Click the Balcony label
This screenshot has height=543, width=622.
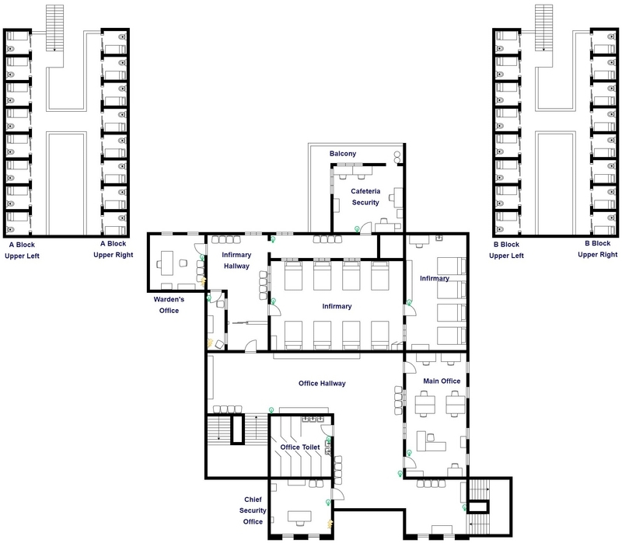pyautogui.click(x=342, y=154)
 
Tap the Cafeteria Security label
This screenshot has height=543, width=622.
pyautogui.click(x=365, y=197)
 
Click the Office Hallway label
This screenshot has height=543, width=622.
pyautogui.click(x=322, y=383)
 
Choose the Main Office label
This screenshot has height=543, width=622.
pyautogui.click(x=441, y=381)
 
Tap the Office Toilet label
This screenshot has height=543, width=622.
pyautogui.click(x=300, y=447)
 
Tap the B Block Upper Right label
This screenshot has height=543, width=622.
pyautogui.click(x=601, y=249)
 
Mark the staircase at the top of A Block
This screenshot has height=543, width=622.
pyautogui.click(x=54, y=27)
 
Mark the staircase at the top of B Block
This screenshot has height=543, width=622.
pyautogui.click(x=543, y=27)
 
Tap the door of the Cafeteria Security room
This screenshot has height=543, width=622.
pyautogui.click(x=385, y=224)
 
